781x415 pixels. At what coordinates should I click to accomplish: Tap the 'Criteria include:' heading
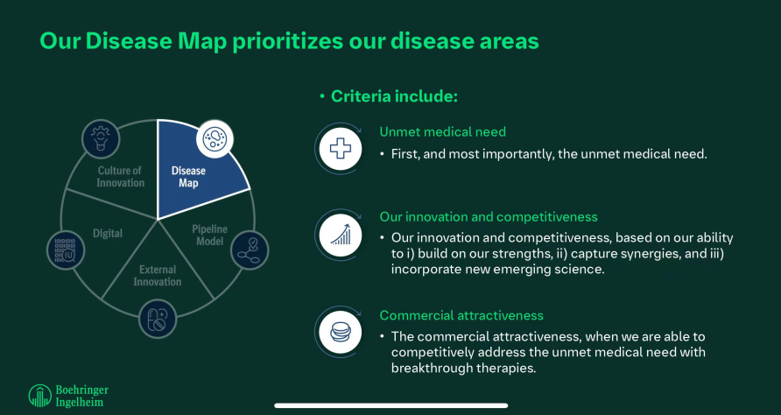point(394,96)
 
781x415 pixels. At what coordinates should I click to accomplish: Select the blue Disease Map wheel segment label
point(188,177)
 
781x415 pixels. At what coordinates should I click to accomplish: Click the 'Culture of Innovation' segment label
point(120,177)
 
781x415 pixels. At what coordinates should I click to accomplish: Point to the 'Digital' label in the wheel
point(107,233)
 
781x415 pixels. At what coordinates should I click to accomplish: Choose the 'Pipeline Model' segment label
point(209,236)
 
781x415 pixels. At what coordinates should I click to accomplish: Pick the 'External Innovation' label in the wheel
point(158,276)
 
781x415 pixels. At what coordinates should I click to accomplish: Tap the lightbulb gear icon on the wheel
point(101,135)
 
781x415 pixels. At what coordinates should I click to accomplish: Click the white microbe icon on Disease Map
point(215,138)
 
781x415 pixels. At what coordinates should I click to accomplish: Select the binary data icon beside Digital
point(66,250)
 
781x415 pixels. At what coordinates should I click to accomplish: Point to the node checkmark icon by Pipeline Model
point(250,250)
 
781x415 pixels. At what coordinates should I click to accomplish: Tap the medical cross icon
point(341,149)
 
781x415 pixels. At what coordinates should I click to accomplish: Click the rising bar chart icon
point(341,234)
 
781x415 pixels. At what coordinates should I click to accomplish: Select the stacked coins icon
point(341,332)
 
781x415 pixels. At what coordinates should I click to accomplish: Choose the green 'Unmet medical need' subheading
point(442,131)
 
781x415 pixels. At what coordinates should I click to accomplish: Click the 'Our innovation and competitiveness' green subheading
point(489,217)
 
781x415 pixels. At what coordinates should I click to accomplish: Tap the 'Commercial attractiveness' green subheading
point(461,315)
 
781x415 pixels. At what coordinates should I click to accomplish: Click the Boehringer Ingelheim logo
point(68,396)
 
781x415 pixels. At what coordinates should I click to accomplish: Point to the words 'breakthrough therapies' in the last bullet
point(462,369)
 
